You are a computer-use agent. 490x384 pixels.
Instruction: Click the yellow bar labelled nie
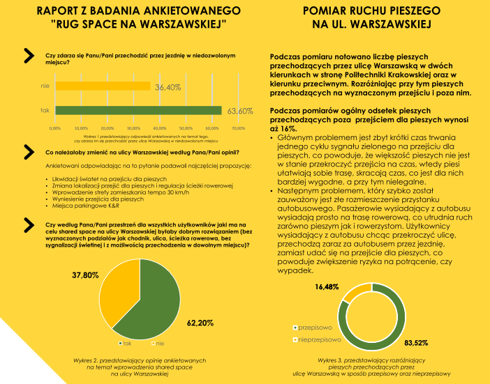[103, 86]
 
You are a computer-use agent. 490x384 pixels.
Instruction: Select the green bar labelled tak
[138, 110]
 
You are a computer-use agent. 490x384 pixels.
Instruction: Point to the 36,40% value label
[168, 88]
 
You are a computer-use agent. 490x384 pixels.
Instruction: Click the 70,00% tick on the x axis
[237, 128]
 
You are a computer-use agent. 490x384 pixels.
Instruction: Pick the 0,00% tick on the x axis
[55, 128]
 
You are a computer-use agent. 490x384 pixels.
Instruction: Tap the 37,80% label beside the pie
[86, 275]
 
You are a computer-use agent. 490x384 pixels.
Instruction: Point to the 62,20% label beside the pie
[201, 323]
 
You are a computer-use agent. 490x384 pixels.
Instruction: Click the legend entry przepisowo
[318, 326]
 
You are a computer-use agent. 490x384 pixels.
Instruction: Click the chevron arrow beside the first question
[29, 56]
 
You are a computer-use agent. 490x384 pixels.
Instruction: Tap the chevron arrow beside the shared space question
[29, 223]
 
